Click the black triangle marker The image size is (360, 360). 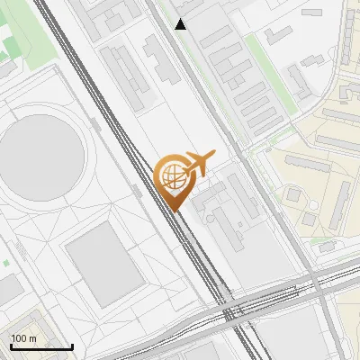(181, 24)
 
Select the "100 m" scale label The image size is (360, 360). (24, 337)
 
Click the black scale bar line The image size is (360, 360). (41, 346)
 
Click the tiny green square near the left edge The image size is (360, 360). (6, 263)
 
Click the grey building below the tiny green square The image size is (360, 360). (9, 288)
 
